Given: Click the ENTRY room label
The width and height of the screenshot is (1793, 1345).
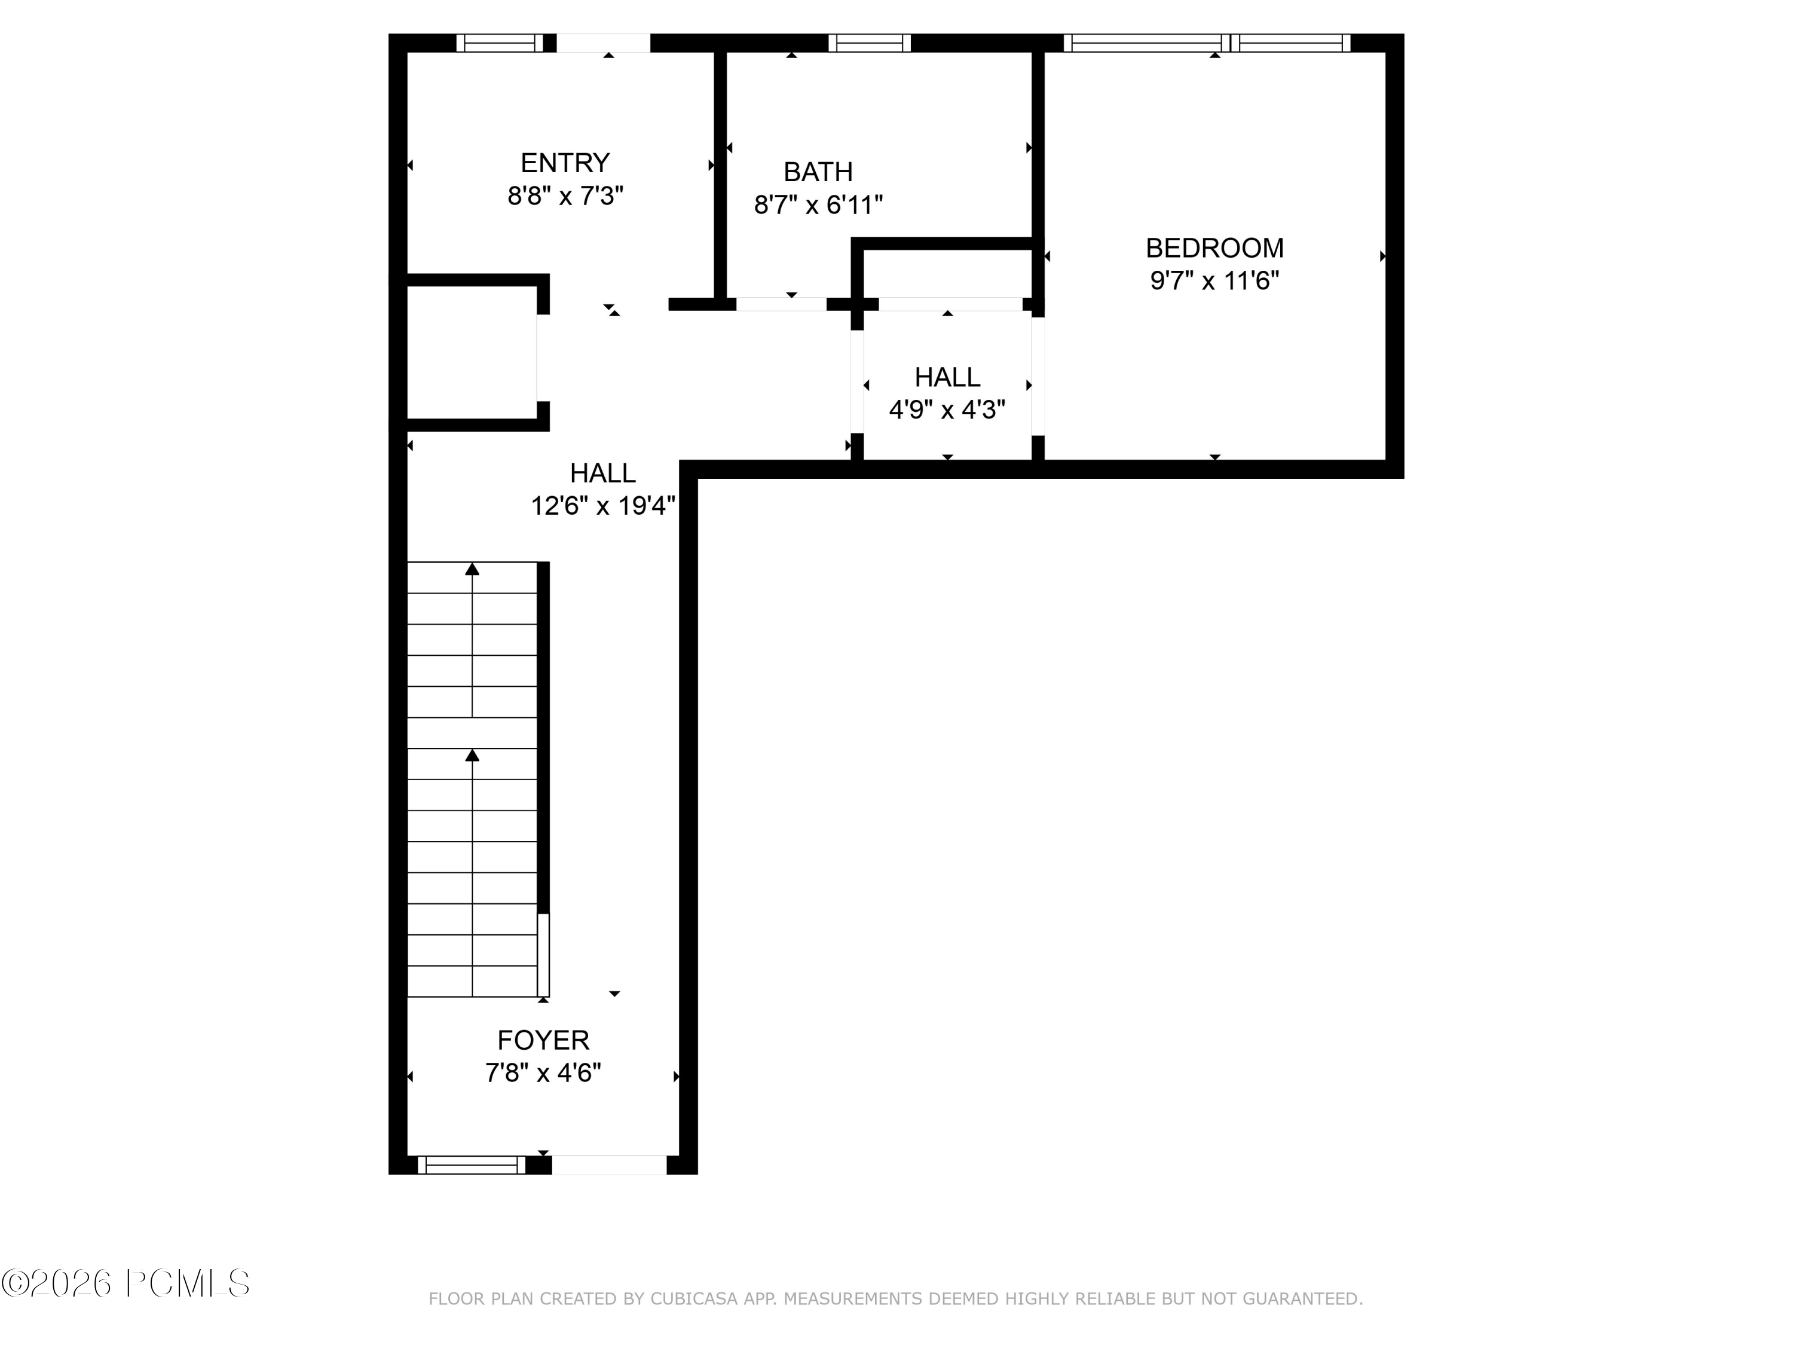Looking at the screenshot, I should pyautogui.click(x=564, y=163).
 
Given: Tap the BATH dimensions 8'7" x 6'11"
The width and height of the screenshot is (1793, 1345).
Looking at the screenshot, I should pyautogui.click(x=818, y=204).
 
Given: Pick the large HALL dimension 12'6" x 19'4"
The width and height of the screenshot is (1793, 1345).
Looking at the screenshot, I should pyautogui.click(x=602, y=506).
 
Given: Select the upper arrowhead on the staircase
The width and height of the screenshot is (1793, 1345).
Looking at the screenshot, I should pyautogui.click(x=472, y=569).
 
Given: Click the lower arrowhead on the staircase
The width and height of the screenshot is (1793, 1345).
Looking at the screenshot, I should pyautogui.click(x=472, y=756).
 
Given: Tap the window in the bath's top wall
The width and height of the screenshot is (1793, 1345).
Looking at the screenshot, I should pyautogui.click(x=869, y=43).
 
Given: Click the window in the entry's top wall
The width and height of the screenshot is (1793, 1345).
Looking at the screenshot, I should pyautogui.click(x=499, y=43).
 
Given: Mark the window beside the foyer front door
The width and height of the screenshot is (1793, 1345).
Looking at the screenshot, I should pyautogui.click(x=472, y=1165).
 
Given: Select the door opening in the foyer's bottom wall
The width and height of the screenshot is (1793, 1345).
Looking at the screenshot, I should pyautogui.click(x=609, y=1165).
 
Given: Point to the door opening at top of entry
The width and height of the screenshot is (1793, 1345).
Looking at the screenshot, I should pyautogui.click(x=603, y=43).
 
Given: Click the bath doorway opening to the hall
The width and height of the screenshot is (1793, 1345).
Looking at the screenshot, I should pyautogui.click(x=781, y=304).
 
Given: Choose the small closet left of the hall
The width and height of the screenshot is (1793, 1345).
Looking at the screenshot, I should pyautogui.click(x=471, y=353).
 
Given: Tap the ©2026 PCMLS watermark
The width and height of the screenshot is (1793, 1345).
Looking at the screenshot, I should pyautogui.click(x=126, y=1283).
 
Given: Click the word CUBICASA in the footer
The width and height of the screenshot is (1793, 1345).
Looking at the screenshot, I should pyautogui.click(x=694, y=1299).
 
